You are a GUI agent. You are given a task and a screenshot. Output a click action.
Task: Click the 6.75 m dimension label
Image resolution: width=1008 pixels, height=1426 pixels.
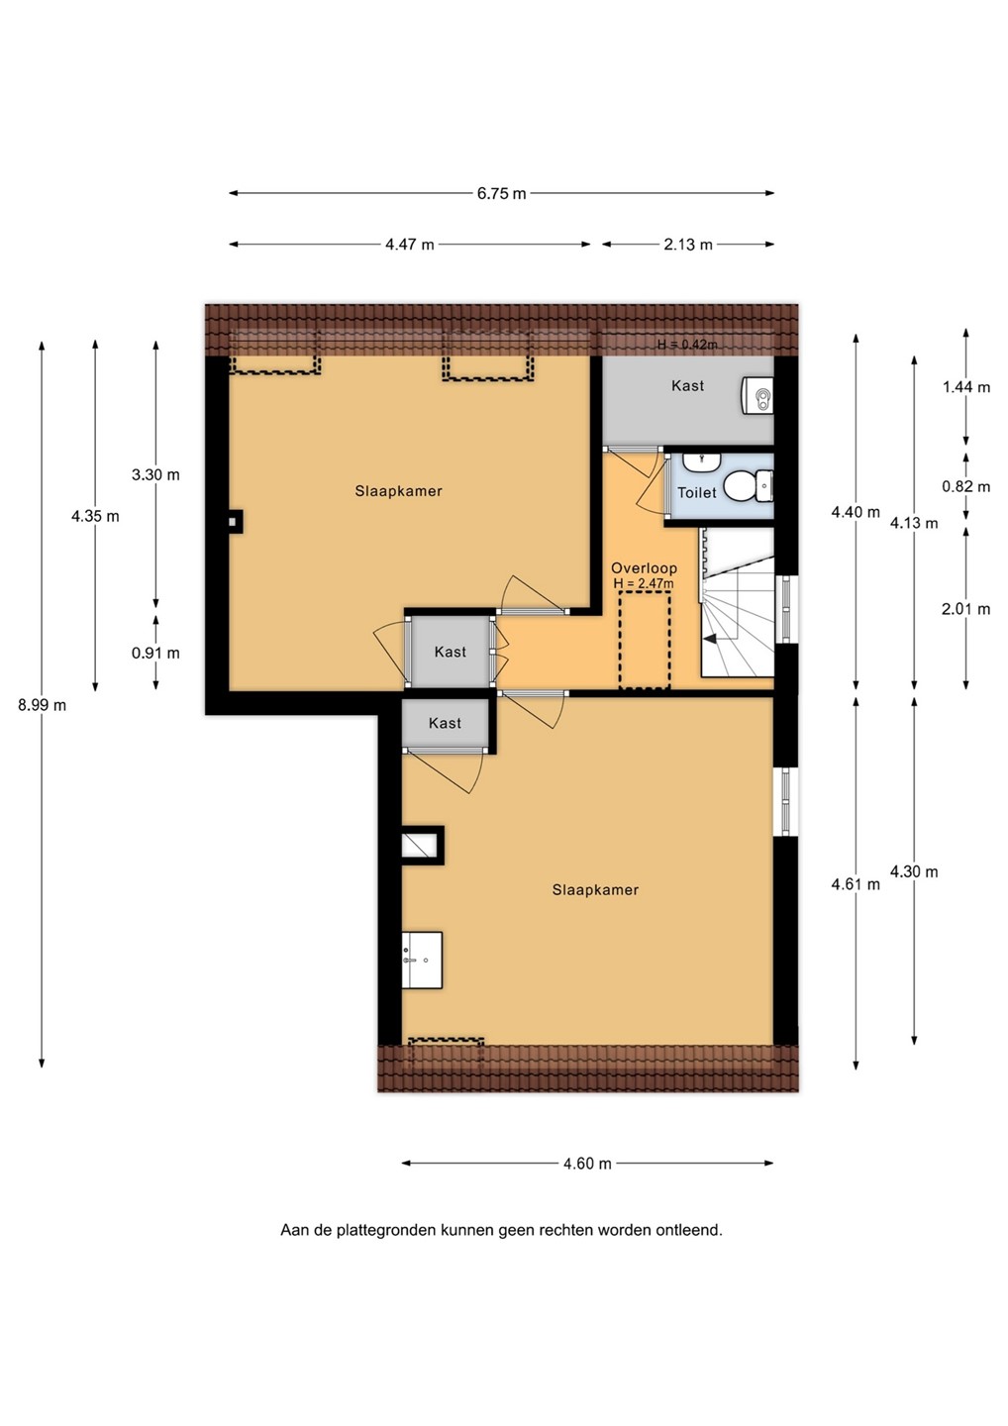pos(501,193)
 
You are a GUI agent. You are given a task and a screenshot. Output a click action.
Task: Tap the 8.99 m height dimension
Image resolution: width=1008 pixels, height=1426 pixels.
pos(42,705)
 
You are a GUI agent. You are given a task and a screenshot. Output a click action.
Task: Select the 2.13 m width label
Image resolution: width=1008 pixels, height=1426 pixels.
pos(688,245)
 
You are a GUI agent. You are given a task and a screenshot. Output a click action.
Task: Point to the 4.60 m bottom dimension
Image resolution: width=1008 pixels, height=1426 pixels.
pos(587,1164)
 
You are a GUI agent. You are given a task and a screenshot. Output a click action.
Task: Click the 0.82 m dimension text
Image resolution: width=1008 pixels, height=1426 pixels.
pos(966,487)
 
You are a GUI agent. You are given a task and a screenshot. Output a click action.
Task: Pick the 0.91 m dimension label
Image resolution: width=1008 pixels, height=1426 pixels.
pos(155,654)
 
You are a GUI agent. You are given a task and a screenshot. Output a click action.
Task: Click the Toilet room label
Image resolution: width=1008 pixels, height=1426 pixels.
pos(697,493)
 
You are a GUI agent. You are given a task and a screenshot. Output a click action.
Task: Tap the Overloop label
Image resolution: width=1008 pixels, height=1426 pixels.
pos(644,568)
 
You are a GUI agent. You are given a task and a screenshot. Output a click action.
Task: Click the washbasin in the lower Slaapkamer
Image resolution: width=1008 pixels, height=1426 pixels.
pos(422,960)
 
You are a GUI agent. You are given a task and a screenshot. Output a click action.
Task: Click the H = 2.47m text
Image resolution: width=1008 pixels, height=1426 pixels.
pos(644,583)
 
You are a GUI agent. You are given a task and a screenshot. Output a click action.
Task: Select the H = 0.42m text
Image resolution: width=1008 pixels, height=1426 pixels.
pos(687,345)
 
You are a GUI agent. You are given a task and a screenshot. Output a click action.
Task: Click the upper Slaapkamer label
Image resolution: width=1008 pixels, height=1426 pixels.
pos(398,491)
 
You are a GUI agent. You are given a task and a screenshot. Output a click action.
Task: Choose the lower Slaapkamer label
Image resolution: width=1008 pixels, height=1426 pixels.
pos(595,890)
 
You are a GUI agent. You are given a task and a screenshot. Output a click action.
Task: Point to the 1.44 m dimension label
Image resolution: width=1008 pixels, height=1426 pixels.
pos(966,387)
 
